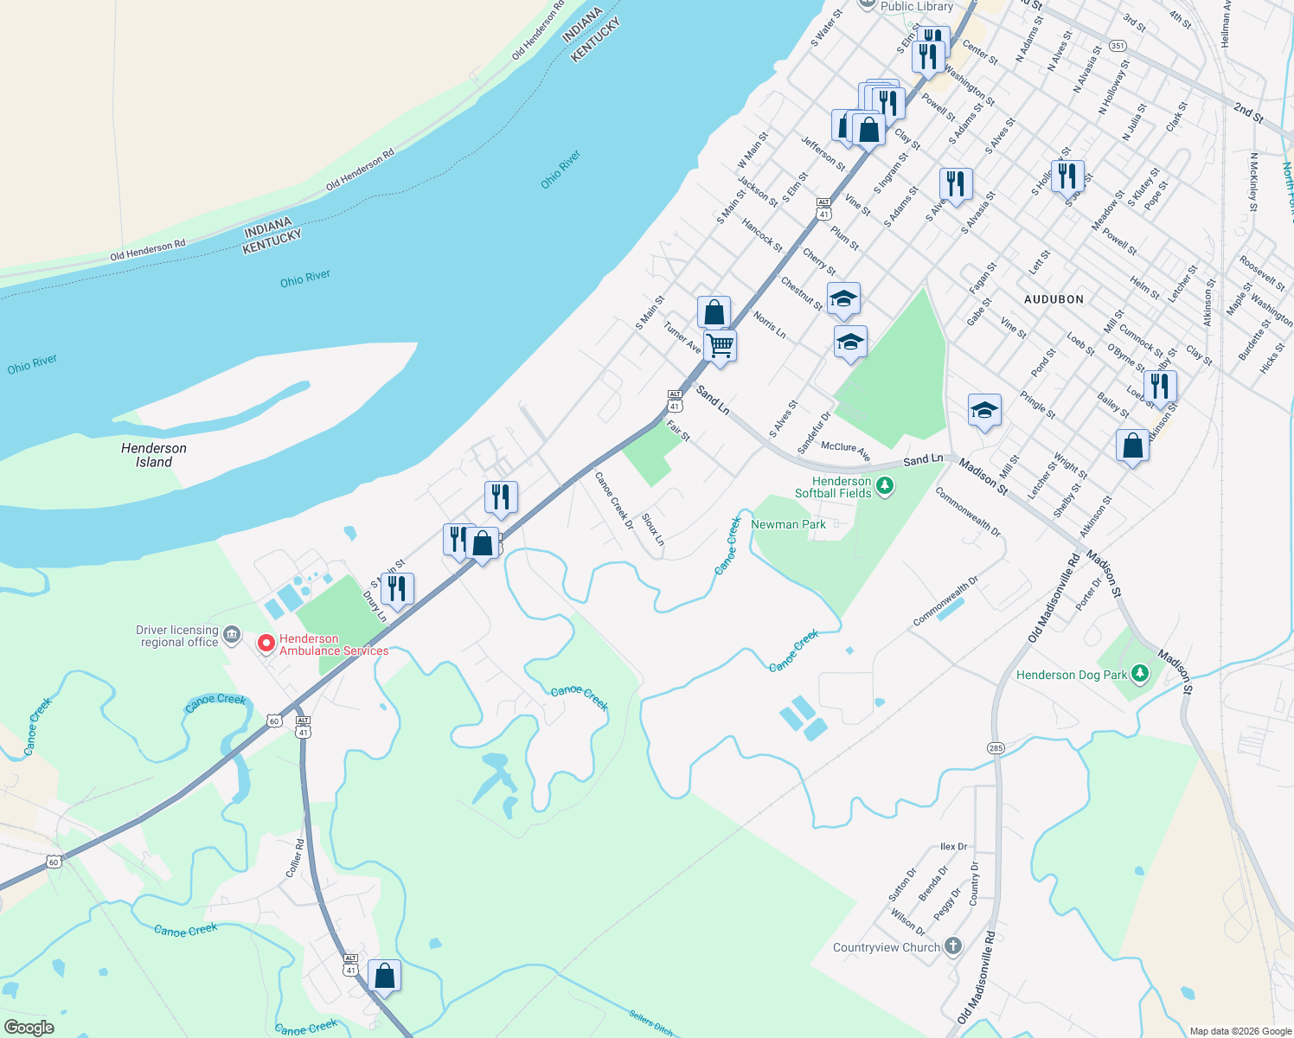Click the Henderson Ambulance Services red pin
pos(266,644)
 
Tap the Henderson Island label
pos(154,455)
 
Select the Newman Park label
pos(788,524)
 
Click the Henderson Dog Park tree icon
pos(1140,673)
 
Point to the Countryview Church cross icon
pos(952,945)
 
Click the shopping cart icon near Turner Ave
pos(720,346)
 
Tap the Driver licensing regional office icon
pos(232,636)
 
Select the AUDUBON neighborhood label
pos(1054,299)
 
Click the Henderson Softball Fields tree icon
pos(884,486)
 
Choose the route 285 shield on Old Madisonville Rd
pos(996,747)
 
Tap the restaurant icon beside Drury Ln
pos(396,589)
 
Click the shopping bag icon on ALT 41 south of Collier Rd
pos(385,976)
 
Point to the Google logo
pos(29,1027)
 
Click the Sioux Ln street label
pos(653,529)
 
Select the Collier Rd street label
pos(296,858)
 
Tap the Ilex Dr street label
pos(953,847)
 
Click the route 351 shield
pos(1118,46)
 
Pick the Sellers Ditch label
pos(650,1024)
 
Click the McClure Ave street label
pos(845,451)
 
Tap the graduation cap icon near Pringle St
pos(984,410)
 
